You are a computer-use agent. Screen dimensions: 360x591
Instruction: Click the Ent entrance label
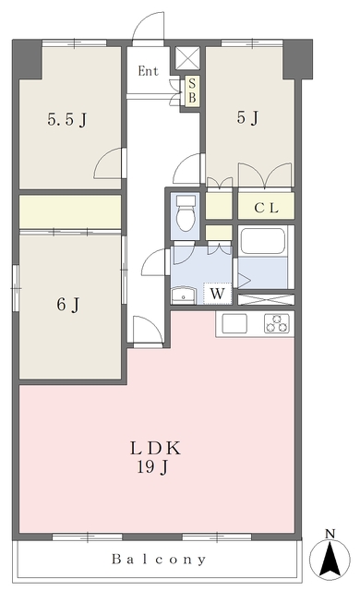click(148, 71)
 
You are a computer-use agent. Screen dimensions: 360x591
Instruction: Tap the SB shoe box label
click(192, 90)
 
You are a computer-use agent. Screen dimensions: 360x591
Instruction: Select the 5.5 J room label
click(67, 120)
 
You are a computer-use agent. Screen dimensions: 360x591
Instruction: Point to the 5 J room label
click(247, 117)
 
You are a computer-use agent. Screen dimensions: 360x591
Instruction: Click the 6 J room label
click(68, 305)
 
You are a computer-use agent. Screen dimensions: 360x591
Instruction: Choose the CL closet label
click(266, 208)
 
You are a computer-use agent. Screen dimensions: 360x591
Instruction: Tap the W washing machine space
click(217, 294)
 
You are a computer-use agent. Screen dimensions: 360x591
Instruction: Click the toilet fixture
click(186, 212)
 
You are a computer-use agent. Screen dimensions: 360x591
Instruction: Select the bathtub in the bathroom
click(262, 241)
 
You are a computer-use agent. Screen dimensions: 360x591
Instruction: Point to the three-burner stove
click(278, 323)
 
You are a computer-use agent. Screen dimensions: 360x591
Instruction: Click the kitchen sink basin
click(234, 324)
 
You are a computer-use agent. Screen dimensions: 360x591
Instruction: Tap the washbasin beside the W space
click(184, 295)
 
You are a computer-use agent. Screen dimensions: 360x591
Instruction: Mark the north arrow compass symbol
click(330, 559)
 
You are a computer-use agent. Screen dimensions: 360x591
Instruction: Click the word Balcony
click(159, 560)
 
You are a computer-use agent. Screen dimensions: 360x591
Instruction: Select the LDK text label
click(155, 449)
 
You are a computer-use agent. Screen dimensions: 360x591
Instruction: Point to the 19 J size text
click(152, 468)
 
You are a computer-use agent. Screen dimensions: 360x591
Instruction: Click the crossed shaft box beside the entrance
click(187, 58)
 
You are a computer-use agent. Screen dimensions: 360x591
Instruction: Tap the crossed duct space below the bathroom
click(266, 299)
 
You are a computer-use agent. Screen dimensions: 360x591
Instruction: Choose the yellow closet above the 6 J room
click(70, 211)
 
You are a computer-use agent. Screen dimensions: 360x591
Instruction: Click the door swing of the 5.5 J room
click(109, 163)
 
